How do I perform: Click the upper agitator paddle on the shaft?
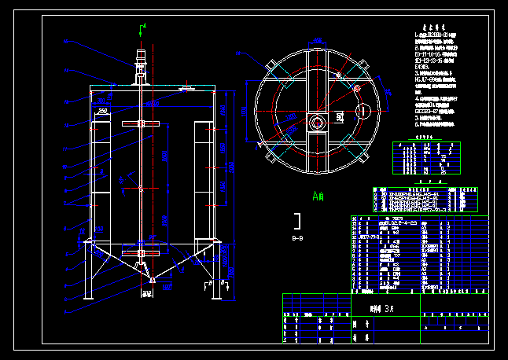pos(142,123)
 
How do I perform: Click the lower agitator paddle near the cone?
pos(142,254)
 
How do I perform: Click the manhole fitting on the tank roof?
pos(187,89)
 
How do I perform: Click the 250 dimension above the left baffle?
pos(103,112)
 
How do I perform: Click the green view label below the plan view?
pos(318,196)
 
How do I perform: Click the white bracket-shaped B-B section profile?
pos(298,220)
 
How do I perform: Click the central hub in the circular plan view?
pos(316,122)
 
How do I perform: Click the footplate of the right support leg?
pos(213,299)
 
